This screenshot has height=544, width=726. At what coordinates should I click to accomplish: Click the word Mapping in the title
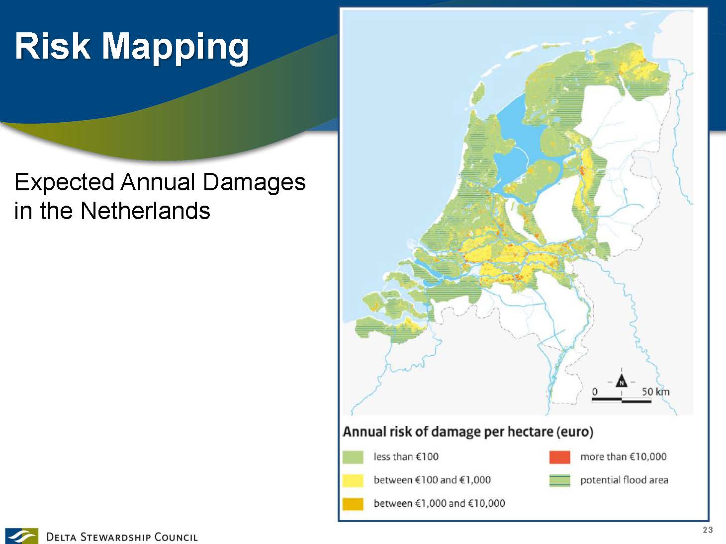(175, 48)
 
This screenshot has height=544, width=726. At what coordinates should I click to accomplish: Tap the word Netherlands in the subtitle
(145, 211)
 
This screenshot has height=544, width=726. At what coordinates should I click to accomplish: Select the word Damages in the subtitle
(254, 183)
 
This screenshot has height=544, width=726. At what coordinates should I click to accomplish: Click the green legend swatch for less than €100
(353, 457)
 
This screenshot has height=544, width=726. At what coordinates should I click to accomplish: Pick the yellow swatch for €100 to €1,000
(353, 480)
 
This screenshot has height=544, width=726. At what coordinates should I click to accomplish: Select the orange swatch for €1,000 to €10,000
(353, 504)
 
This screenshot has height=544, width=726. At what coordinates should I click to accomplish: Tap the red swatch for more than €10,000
(559, 457)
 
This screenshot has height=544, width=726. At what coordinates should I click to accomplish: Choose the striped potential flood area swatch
(559, 480)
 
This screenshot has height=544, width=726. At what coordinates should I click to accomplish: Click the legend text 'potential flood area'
(624, 480)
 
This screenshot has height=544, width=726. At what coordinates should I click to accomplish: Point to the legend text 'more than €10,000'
(624, 457)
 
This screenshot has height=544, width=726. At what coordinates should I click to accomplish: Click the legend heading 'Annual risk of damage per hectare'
(448, 432)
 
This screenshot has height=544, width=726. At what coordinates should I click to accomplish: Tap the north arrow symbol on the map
(622, 382)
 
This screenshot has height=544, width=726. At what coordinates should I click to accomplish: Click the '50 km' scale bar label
(655, 392)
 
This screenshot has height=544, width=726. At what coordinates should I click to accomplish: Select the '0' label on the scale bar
(595, 392)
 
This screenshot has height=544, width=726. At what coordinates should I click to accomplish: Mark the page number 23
(708, 530)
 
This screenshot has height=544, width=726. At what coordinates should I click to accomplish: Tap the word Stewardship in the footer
(115, 537)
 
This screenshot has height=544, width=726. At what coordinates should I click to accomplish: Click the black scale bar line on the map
(622, 400)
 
